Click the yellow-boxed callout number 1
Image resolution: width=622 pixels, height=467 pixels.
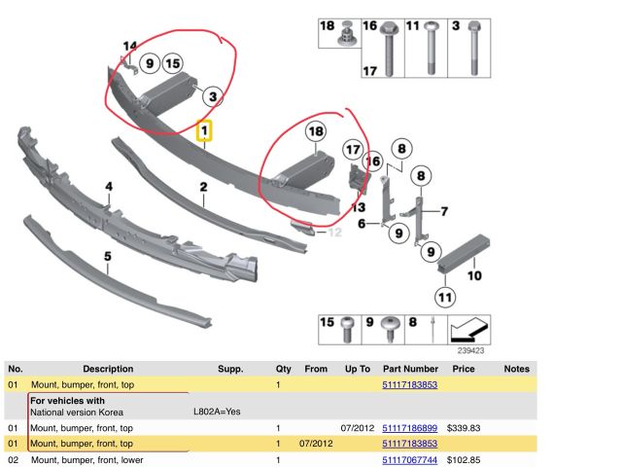point(205,129)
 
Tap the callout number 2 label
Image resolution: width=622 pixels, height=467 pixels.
point(204,187)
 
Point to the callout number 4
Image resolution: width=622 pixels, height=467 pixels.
point(109,187)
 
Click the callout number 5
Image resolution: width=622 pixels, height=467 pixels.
point(108,257)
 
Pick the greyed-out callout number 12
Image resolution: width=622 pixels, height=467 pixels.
point(335,232)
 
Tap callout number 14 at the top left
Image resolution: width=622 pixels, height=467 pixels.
point(129,45)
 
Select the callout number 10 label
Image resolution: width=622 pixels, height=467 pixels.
point(474,275)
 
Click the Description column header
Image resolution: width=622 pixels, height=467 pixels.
point(108,369)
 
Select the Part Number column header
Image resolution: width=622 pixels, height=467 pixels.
point(410,369)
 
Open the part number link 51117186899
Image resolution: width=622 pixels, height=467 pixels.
point(410,428)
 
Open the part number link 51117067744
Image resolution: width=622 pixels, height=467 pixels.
point(410,459)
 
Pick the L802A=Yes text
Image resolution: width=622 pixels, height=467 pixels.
point(217,412)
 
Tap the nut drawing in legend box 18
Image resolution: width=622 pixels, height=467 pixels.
point(343,37)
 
